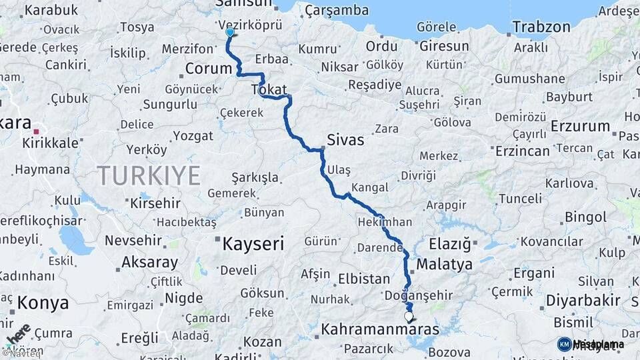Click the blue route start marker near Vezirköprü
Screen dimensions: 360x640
coord(230,32)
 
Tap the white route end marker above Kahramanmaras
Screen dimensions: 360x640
coord(409,317)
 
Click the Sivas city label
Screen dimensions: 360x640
coord(345,140)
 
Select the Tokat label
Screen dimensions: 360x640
coord(269,90)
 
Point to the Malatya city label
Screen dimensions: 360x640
coord(444,264)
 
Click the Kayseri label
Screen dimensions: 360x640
coord(253,244)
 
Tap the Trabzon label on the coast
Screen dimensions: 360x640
coord(542,27)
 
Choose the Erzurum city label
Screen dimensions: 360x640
coord(581,126)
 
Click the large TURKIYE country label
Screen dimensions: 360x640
coord(149,176)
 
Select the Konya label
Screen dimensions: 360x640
coord(43,303)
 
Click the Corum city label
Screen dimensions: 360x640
coord(208,69)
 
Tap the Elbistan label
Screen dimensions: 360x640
coord(363,279)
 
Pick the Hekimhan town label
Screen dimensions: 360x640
coord(385,222)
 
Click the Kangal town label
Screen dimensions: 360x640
coord(369,187)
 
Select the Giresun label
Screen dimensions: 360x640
coord(443,47)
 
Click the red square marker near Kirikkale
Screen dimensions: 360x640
coord(37,132)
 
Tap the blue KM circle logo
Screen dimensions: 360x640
coord(564,344)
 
